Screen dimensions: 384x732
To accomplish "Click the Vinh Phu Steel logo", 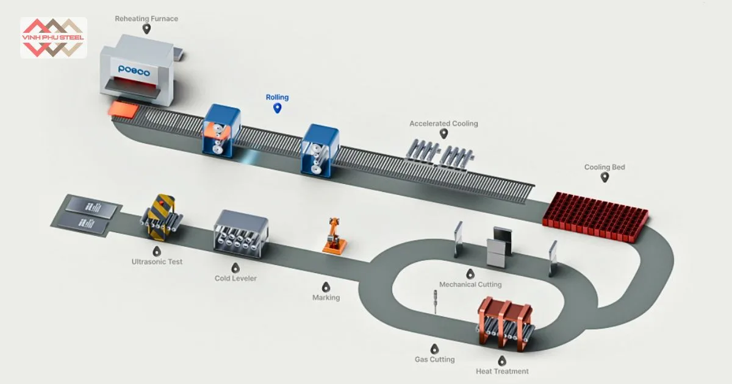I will click(53, 37).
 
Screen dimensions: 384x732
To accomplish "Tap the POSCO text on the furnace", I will click(134, 69).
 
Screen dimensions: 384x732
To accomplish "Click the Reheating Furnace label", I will click(146, 19).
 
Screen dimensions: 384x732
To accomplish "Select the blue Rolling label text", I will click(277, 98).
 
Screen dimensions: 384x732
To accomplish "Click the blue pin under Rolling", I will click(277, 108).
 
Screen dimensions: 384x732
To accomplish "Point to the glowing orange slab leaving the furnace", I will click(124, 110).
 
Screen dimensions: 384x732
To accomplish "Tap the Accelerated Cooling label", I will click(443, 124).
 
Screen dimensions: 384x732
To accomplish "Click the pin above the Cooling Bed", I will click(605, 177).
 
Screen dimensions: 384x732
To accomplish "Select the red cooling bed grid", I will click(595, 216).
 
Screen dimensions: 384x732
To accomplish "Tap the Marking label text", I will click(326, 298).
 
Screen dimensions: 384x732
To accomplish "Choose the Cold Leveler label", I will click(235, 279).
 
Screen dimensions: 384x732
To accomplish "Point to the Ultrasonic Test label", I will click(157, 262).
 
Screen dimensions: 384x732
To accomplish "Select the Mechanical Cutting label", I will click(470, 285).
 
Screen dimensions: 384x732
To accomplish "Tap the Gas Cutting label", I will click(434, 360).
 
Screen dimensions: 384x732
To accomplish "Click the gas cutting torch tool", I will click(436, 301).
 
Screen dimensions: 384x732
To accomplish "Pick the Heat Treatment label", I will click(502, 371).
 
